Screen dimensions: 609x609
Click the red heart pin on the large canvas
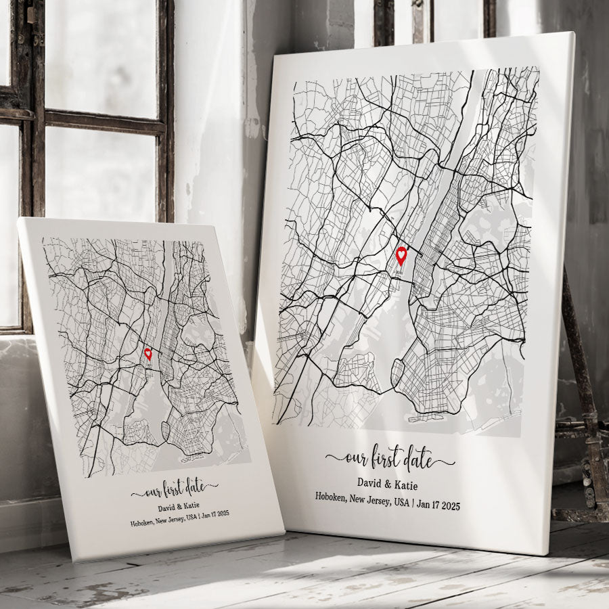point(401,256)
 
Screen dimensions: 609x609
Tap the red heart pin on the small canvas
point(148,353)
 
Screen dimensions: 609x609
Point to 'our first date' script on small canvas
point(175,488)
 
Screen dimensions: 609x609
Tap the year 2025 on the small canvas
point(221,514)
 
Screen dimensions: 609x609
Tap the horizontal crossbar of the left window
point(105,122)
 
